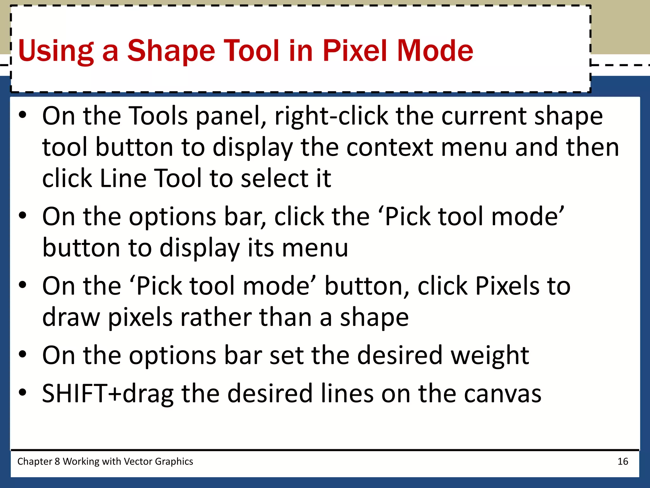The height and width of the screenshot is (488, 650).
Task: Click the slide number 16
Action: (623, 461)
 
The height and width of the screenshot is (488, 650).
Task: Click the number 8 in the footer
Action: (57, 461)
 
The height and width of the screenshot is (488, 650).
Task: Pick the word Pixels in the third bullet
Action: (507, 286)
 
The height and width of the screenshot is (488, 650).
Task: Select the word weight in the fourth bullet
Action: (490, 355)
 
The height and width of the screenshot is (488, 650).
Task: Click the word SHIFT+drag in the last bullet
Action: (108, 393)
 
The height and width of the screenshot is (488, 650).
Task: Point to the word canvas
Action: (502, 393)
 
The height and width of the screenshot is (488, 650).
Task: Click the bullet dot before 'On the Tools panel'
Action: (22, 115)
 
